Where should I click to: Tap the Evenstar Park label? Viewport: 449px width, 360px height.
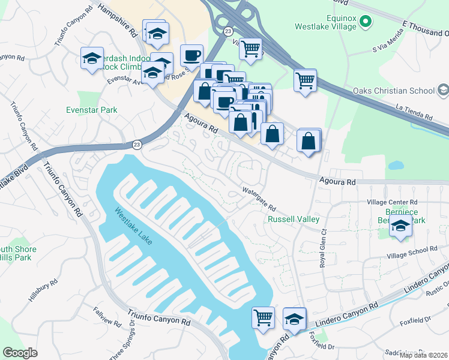point(91,110)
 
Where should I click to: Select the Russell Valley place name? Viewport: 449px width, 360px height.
point(293,220)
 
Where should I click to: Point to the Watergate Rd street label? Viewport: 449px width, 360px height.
point(259,199)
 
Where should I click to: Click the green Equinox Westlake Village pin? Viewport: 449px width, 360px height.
point(364,23)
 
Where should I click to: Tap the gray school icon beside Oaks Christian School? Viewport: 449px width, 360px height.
point(443,91)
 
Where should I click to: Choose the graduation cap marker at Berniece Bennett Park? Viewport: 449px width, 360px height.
point(400,227)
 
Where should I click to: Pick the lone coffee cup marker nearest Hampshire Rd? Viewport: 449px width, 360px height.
point(191,55)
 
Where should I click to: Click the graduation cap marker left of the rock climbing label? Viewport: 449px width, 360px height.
point(92,58)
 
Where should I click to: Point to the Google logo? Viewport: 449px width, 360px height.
point(20,352)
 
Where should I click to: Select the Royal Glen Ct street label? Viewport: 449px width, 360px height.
point(324,247)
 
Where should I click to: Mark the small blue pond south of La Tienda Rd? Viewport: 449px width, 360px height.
point(396,165)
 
